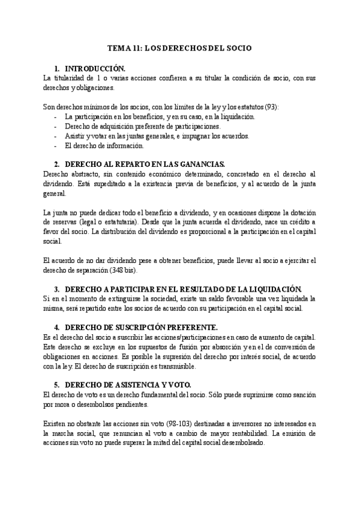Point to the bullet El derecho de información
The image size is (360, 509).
pos(104,145)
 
